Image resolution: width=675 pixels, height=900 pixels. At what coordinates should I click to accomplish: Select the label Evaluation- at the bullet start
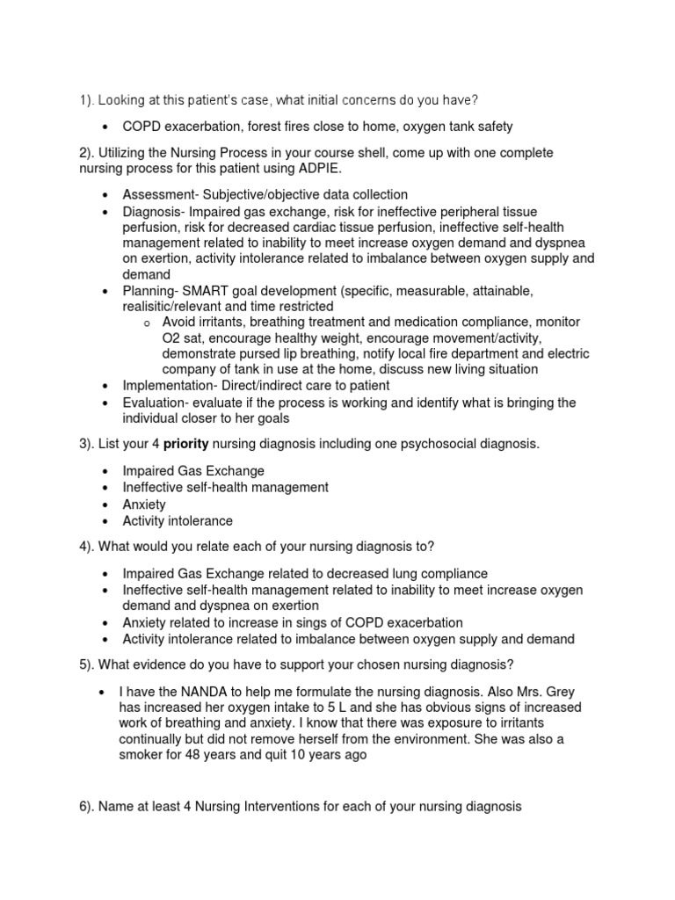(x=156, y=402)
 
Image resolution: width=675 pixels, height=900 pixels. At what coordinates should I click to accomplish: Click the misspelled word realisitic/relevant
(x=179, y=307)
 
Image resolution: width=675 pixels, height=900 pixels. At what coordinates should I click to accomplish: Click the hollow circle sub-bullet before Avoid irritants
(x=147, y=323)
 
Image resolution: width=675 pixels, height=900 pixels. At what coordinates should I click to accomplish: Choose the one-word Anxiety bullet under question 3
(x=144, y=504)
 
